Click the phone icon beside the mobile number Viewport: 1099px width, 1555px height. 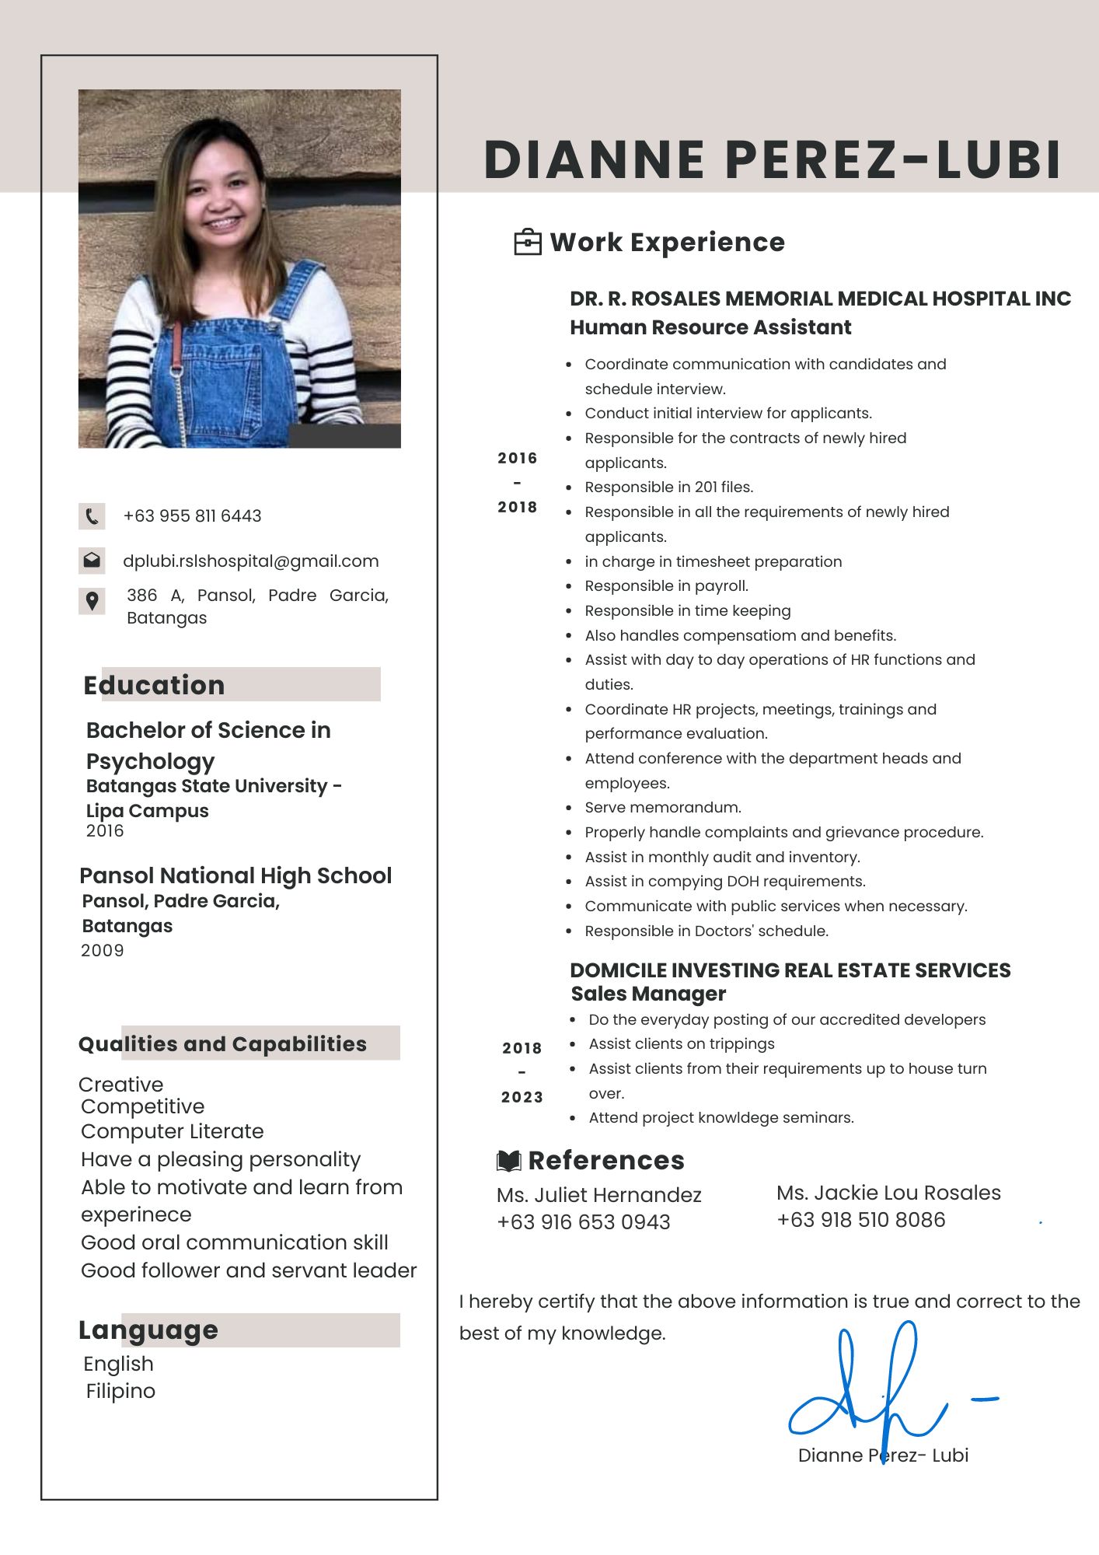click(x=92, y=516)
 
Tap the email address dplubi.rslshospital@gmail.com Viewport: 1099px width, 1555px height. click(x=250, y=561)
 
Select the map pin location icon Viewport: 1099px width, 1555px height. click(x=92, y=601)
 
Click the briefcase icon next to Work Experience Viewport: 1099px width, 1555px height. click(x=528, y=243)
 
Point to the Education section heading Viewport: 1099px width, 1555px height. click(x=154, y=685)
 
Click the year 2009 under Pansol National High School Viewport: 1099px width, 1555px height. click(x=103, y=950)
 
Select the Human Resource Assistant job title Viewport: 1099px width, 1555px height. click(x=710, y=327)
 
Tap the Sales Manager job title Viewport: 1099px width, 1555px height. click(x=648, y=994)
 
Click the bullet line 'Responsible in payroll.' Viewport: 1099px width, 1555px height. click(x=666, y=586)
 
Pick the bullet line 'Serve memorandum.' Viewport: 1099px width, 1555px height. click(x=663, y=808)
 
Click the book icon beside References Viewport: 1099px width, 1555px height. click(x=508, y=1161)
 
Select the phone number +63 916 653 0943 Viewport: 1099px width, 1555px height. click(x=583, y=1222)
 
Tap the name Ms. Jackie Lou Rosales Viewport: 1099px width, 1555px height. click(x=888, y=1193)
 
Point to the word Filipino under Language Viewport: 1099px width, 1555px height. click(x=120, y=1391)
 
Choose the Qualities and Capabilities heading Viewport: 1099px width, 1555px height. click(x=222, y=1044)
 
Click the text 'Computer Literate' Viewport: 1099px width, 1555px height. click(x=172, y=1131)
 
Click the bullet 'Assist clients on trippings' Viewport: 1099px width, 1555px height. click(x=682, y=1044)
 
